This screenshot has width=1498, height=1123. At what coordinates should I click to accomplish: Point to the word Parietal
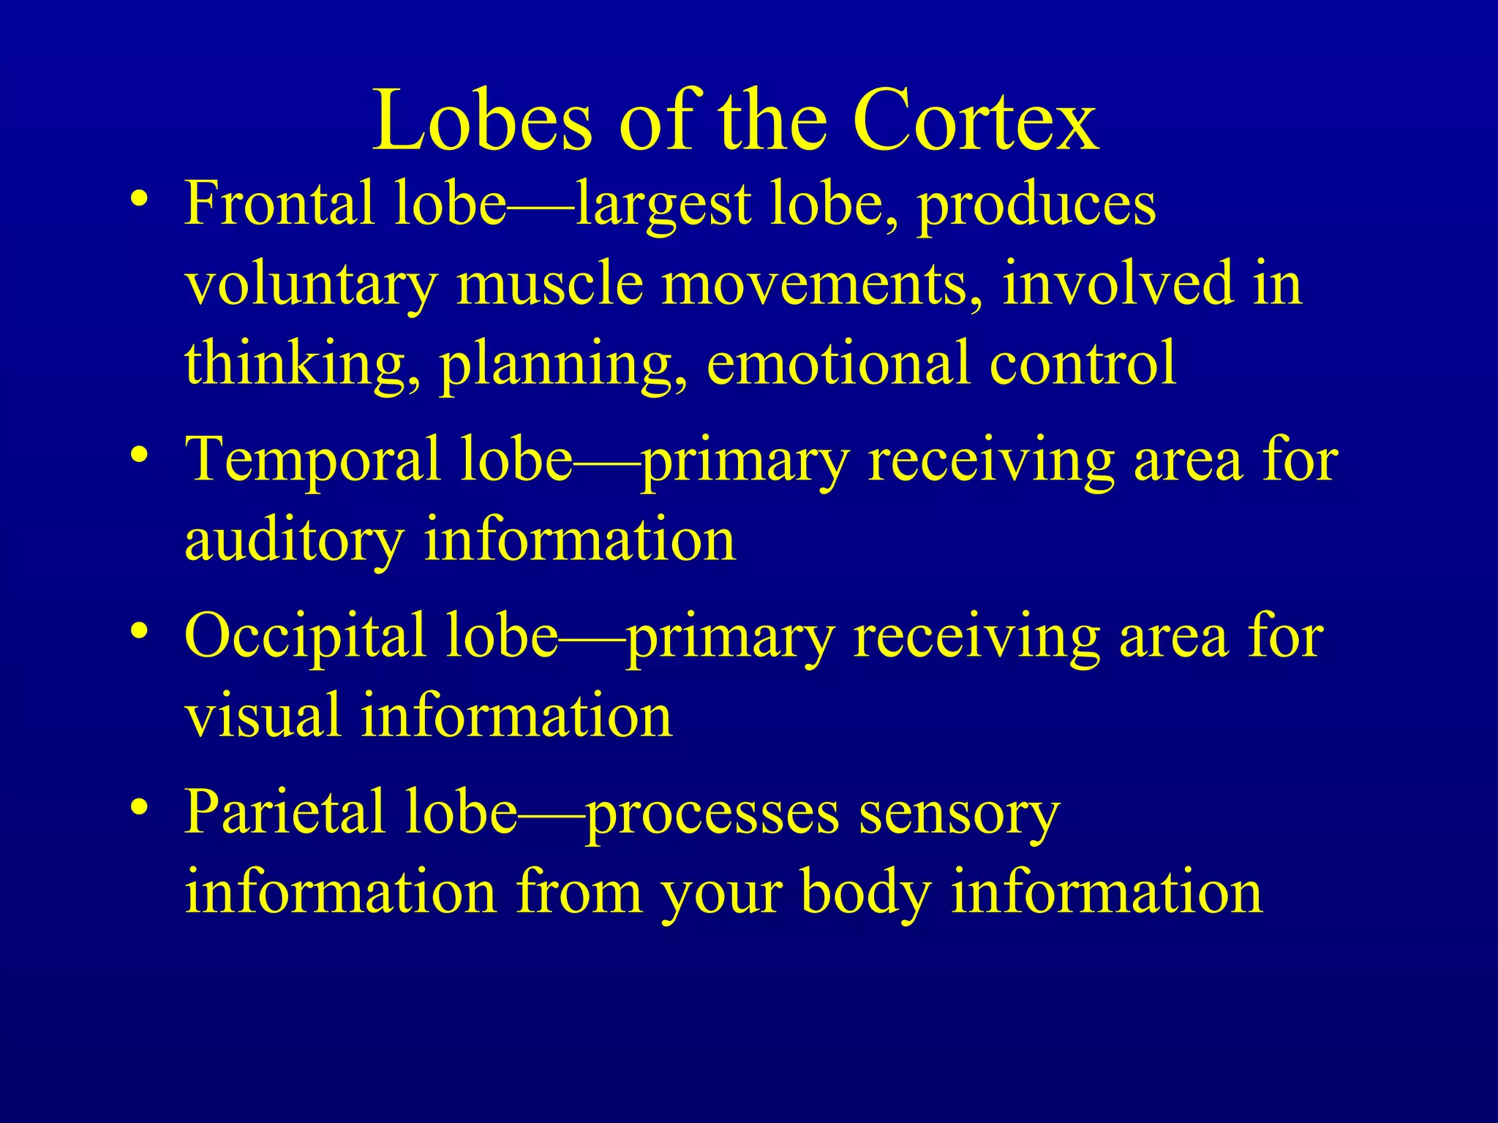285,812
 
